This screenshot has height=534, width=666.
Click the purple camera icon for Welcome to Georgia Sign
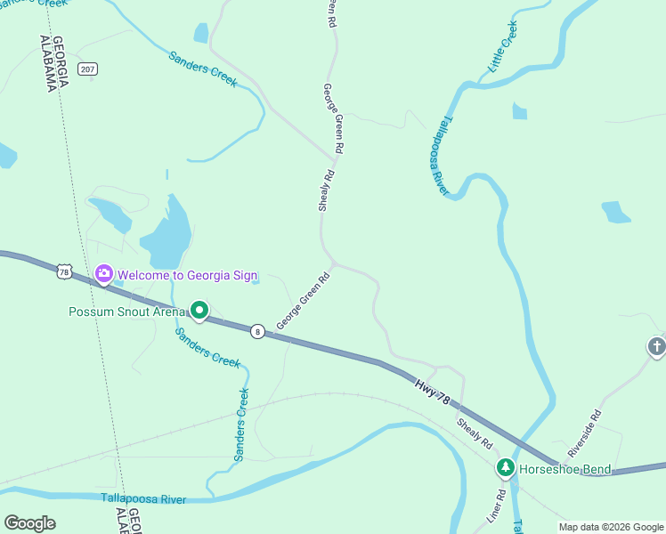coord(103,273)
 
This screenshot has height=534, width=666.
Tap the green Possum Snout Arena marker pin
coord(200,311)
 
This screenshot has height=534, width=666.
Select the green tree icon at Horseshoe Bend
coord(505,467)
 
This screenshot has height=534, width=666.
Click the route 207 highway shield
coord(86,69)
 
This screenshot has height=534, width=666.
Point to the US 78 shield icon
coord(62,271)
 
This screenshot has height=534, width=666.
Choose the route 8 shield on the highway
coord(256,330)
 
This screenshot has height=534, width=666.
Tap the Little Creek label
coord(502,47)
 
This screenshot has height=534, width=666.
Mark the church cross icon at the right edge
coord(656,347)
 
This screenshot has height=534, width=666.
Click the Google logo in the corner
coord(29,523)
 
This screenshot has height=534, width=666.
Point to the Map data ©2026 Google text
coord(611,527)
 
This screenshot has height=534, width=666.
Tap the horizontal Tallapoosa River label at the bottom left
coord(143,499)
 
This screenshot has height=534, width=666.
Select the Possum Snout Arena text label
coord(127,311)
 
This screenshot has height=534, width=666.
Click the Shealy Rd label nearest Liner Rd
coord(475,433)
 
